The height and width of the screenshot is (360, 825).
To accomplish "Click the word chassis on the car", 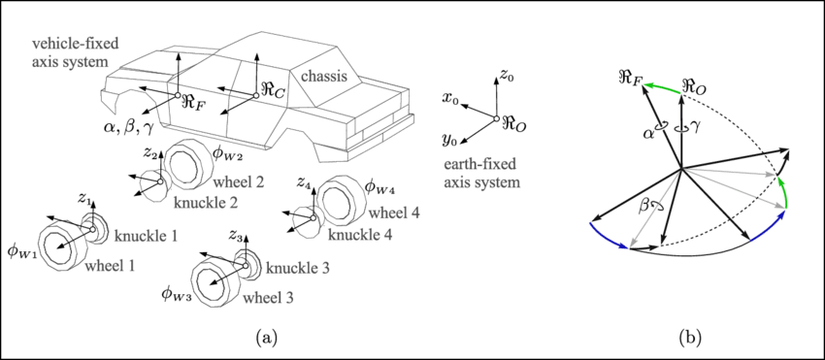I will coord(331,75).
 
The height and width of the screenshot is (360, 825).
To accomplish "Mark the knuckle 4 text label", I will coord(362,235).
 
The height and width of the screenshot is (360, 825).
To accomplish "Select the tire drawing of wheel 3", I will coord(215,278).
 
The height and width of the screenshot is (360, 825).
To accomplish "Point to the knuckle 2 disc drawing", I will coord(150,184).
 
